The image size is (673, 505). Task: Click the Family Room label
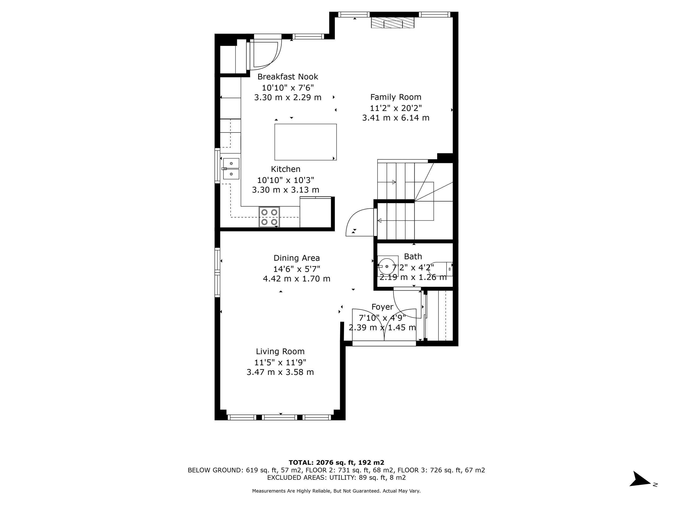[x=395, y=97]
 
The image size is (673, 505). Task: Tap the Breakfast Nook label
[x=288, y=77]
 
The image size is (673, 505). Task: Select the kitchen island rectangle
[x=305, y=142]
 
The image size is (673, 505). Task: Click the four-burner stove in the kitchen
[x=269, y=217]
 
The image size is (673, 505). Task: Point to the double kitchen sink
[x=231, y=169]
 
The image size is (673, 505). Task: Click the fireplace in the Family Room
[x=392, y=23]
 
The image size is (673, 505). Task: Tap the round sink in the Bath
[x=387, y=266]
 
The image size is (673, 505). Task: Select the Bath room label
[x=413, y=257]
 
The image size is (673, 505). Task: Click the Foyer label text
[x=382, y=307]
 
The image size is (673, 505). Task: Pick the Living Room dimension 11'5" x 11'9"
[x=280, y=362]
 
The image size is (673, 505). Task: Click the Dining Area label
[x=296, y=258]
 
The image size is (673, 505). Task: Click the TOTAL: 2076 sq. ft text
[x=336, y=463]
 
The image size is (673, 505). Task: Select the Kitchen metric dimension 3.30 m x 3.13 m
[x=285, y=190]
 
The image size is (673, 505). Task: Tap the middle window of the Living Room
[x=279, y=417]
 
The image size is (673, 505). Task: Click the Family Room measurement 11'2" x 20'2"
[x=395, y=108]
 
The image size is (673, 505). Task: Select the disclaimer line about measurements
[x=336, y=491]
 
